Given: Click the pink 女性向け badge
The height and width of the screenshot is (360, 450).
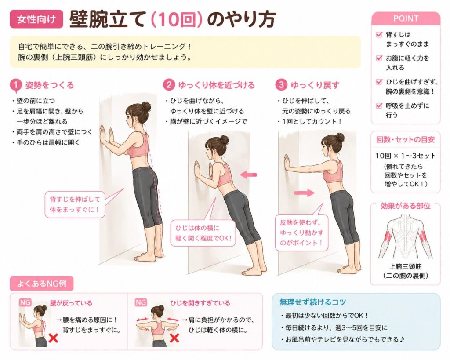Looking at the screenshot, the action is click(x=36, y=19).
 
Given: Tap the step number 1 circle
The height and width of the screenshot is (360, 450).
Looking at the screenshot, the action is click(x=16, y=85).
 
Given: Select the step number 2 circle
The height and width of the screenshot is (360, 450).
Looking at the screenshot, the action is click(x=169, y=85).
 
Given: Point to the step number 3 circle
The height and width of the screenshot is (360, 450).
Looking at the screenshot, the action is click(x=281, y=85).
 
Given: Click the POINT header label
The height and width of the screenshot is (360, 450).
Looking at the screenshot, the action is click(x=406, y=18).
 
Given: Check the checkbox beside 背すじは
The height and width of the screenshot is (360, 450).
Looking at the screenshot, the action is click(x=379, y=35).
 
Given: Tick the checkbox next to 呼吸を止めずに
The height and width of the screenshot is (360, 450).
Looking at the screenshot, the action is click(x=379, y=105).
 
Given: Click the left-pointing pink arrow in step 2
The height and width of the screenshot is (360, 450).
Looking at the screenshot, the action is click(x=248, y=174).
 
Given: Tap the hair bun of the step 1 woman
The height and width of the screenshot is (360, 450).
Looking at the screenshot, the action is click(x=146, y=106).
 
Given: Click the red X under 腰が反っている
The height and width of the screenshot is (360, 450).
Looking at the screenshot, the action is click(x=53, y=338).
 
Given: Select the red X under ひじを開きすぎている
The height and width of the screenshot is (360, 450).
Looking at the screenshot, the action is click(x=174, y=338).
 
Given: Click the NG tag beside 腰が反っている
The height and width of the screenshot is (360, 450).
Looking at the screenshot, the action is click(x=25, y=302).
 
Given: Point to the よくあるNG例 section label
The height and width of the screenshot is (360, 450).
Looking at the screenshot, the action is click(x=42, y=284).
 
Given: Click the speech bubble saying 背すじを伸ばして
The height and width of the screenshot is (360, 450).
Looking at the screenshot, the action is click(x=75, y=204).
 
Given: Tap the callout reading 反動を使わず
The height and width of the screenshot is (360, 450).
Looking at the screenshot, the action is click(x=301, y=233).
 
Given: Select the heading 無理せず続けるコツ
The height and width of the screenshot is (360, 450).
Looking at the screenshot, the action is click(x=313, y=302).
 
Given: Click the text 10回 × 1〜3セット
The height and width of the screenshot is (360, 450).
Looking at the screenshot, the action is click(x=406, y=156).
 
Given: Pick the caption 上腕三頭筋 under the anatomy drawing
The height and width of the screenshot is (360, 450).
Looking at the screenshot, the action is click(x=406, y=266).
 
